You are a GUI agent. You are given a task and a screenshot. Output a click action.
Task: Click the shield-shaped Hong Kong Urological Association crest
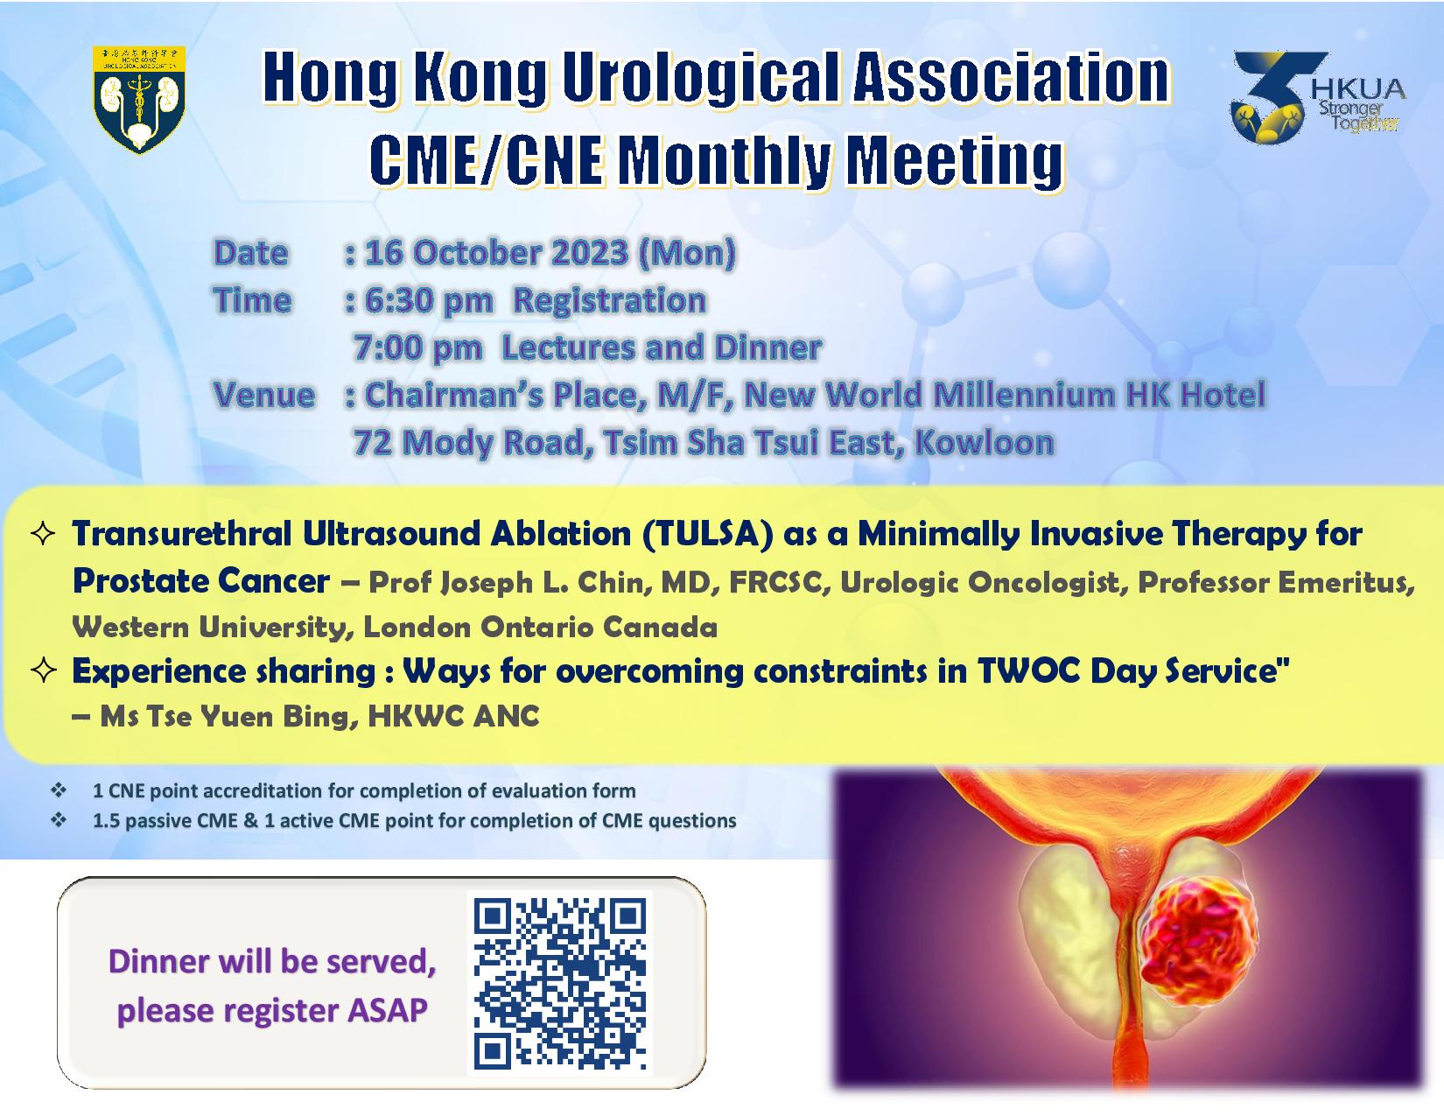pyautogui.click(x=139, y=100)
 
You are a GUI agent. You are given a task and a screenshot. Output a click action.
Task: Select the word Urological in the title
pyautogui.click(x=700, y=79)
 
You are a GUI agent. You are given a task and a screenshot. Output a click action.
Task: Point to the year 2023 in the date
pyautogui.click(x=589, y=253)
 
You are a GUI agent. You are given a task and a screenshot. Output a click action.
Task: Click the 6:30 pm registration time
pyautogui.click(x=430, y=300)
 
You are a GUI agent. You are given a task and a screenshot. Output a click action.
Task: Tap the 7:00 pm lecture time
pyautogui.click(x=417, y=347)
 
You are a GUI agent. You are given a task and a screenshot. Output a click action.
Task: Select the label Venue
pyautogui.click(x=263, y=395)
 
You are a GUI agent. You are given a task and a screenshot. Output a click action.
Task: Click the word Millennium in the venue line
pyautogui.click(x=1024, y=395)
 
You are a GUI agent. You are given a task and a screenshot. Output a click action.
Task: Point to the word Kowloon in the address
pyautogui.click(x=985, y=442)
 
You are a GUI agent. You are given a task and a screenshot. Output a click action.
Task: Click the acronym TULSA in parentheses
pyautogui.click(x=708, y=534)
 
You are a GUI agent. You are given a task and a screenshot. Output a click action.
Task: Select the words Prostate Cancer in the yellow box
pyautogui.click(x=200, y=581)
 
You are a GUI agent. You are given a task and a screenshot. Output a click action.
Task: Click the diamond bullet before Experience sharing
pyautogui.click(x=43, y=670)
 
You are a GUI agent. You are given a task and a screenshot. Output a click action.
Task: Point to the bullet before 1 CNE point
pyautogui.click(x=59, y=791)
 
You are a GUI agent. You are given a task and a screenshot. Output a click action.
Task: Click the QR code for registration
pyautogui.click(x=559, y=983)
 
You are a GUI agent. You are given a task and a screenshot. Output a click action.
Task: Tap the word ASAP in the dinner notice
pyautogui.click(x=388, y=1010)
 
